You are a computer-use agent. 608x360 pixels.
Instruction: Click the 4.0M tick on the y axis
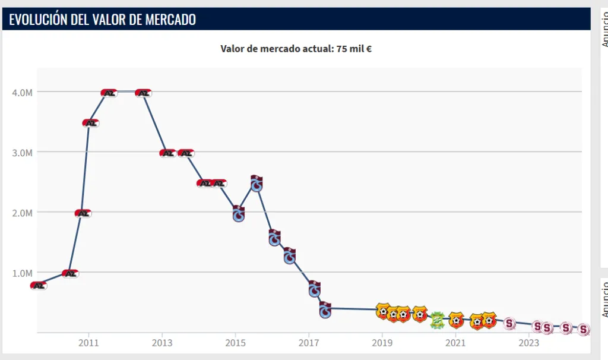click(x=23, y=92)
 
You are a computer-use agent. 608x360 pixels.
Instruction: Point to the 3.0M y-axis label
click(x=23, y=153)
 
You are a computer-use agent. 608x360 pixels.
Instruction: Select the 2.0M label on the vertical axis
click(x=23, y=213)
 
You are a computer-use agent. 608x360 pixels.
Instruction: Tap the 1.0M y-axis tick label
click(x=23, y=273)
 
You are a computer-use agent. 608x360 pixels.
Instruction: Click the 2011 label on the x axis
click(x=88, y=343)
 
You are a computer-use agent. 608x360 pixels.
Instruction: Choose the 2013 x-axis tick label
click(x=162, y=343)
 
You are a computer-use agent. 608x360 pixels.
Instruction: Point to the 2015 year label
click(x=235, y=343)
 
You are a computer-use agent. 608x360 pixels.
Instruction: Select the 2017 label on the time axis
click(x=309, y=343)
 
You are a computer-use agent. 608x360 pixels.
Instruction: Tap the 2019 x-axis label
click(x=382, y=343)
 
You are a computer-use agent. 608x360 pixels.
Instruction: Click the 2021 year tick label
click(x=455, y=343)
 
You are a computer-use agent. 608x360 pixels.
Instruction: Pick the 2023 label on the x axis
click(x=529, y=343)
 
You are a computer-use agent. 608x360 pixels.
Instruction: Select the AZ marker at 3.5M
click(x=90, y=123)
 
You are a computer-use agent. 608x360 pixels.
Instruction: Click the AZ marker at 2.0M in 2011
click(x=83, y=213)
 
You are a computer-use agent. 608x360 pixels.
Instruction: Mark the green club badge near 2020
click(x=437, y=320)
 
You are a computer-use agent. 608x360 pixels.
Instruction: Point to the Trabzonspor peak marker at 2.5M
click(x=256, y=184)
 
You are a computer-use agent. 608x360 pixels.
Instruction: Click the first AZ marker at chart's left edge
click(x=39, y=286)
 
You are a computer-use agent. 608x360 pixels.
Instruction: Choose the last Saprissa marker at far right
click(x=584, y=329)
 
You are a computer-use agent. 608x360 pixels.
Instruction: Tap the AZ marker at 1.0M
click(x=70, y=274)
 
